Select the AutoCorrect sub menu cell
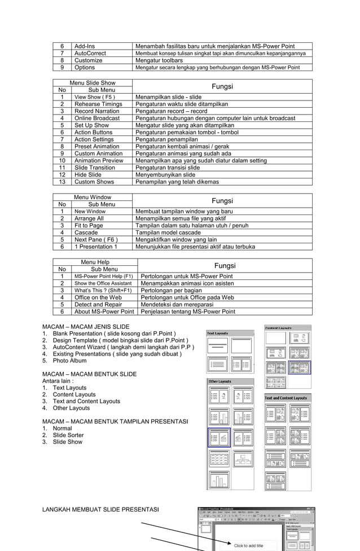point(90,53)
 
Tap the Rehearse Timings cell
point(98,104)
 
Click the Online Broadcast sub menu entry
point(97,118)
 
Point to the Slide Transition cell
point(95,168)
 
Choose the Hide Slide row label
point(88,175)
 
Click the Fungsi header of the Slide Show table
point(222,86)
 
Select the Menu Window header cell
point(93,197)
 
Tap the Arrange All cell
point(89,218)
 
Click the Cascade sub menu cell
point(86,233)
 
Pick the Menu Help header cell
point(95,262)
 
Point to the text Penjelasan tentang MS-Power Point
point(188,312)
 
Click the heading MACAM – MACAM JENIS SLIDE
point(86,327)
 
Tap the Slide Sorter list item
point(68,435)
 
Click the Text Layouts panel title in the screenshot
point(218,333)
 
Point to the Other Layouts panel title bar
point(220,382)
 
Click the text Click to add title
point(249,545)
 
